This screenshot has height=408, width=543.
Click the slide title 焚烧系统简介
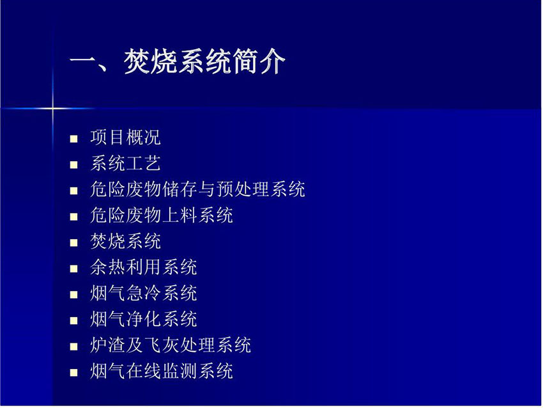(x=204, y=61)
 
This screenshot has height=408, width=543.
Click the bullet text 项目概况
(x=125, y=137)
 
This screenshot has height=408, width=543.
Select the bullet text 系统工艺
(x=125, y=163)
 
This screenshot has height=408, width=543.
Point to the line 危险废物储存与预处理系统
(x=197, y=189)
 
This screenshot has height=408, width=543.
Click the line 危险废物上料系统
(x=162, y=216)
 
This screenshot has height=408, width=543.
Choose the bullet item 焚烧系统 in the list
(x=125, y=241)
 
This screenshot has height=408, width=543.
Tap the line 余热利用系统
(x=143, y=267)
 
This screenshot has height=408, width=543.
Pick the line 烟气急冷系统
(x=143, y=294)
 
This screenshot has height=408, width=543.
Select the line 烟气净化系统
(x=143, y=319)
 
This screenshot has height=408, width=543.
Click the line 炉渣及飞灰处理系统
(x=171, y=345)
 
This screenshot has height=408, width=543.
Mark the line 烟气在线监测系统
(x=162, y=372)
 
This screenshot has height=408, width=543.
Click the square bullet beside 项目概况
(x=73, y=139)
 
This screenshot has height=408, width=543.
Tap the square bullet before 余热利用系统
(x=73, y=269)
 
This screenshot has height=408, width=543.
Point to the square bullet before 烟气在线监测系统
(x=73, y=373)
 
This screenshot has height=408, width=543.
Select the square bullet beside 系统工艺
(x=73, y=165)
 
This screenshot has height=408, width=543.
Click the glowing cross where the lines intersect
(x=53, y=109)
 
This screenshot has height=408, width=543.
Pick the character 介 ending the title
(x=273, y=61)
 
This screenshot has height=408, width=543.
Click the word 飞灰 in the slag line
(x=162, y=345)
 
